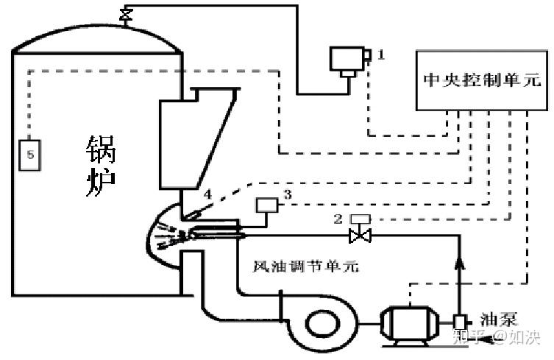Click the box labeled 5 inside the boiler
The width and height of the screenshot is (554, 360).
(x=29, y=155)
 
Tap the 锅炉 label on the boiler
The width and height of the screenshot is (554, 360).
(x=101, y=166)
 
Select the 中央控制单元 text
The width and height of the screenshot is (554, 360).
(x=483, y=80)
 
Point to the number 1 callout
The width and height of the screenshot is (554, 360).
(x=381, y=54)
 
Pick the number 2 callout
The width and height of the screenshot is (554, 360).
(x=338, y=219)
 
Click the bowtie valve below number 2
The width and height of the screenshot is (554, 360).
(x=360, y=236)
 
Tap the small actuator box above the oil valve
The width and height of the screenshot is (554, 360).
(x=360, y=219)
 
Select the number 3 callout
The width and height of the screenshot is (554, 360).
(x=288, y=194)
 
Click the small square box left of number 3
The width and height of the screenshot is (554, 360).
(x=267, y=205)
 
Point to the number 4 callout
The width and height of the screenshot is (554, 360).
(x=207, y=194)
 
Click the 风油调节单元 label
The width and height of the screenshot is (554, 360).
(x=306, y=266)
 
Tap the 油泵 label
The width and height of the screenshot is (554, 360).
(x=499, y=320)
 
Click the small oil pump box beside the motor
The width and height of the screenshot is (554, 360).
(x=460, y=322)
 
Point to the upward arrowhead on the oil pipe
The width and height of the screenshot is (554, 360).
(x=459, y=264)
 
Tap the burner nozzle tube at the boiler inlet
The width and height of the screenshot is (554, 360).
(x=216, y=233)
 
